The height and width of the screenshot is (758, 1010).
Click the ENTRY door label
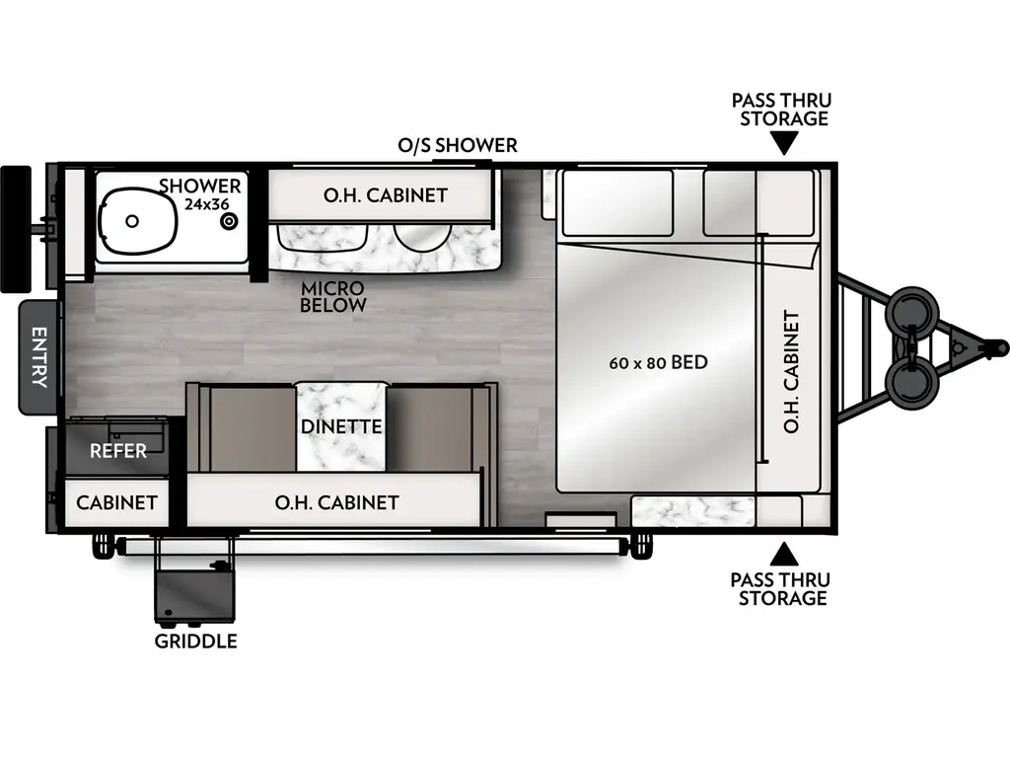[x=38, y=356]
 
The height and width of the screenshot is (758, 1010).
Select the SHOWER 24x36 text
[x=200, y=194]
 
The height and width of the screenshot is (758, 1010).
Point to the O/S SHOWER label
[x=457, y=145]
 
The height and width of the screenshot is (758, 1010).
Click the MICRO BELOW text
[x=333, y=296]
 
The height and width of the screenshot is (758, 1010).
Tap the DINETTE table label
[x=340, y=427]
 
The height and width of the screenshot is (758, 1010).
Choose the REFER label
[x=118, y=451]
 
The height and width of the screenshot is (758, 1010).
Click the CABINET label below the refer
[x=116, y=502]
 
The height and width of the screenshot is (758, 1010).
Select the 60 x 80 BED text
[x=658, y=362]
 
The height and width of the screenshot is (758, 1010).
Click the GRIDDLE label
[x=195, y=642]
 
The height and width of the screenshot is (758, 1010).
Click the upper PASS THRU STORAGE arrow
[x=784, y=144]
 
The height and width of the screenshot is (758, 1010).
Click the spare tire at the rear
[x=16, y=229]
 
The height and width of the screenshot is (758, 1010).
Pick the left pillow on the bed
[x=616, y=201]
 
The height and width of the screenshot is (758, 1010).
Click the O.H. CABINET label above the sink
[x=385, y=195]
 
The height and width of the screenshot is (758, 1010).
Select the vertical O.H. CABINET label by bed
[x=791, y=372]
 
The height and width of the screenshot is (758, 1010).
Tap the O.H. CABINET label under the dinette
[x=336, y=502]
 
